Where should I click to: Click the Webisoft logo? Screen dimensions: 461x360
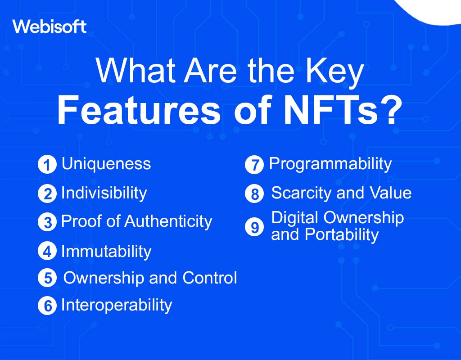(50, 27)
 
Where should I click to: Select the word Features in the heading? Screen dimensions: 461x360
(139, 111)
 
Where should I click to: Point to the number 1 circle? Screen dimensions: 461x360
(47, 164)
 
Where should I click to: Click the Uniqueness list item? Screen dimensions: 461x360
(106, 163)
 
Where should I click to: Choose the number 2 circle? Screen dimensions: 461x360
(47, 193)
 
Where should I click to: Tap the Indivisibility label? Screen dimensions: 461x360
(104, 193)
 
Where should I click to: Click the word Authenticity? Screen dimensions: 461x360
(168, 221)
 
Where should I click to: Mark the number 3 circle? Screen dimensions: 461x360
(47, 222)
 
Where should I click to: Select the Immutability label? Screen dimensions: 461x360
(106, 252)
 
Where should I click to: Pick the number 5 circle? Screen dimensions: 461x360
(47, 278)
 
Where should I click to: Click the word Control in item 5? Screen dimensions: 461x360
(210, 277)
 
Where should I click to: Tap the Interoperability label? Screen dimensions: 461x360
(117, 305)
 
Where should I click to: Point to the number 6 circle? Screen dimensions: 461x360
(47, 306)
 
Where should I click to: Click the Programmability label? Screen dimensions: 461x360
(330, 164)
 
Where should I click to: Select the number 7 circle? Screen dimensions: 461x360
(254, 165)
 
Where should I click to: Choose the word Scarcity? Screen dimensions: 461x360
(301, 193)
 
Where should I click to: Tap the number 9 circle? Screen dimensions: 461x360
(254, 227)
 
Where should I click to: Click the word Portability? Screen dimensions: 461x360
(342, 235)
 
